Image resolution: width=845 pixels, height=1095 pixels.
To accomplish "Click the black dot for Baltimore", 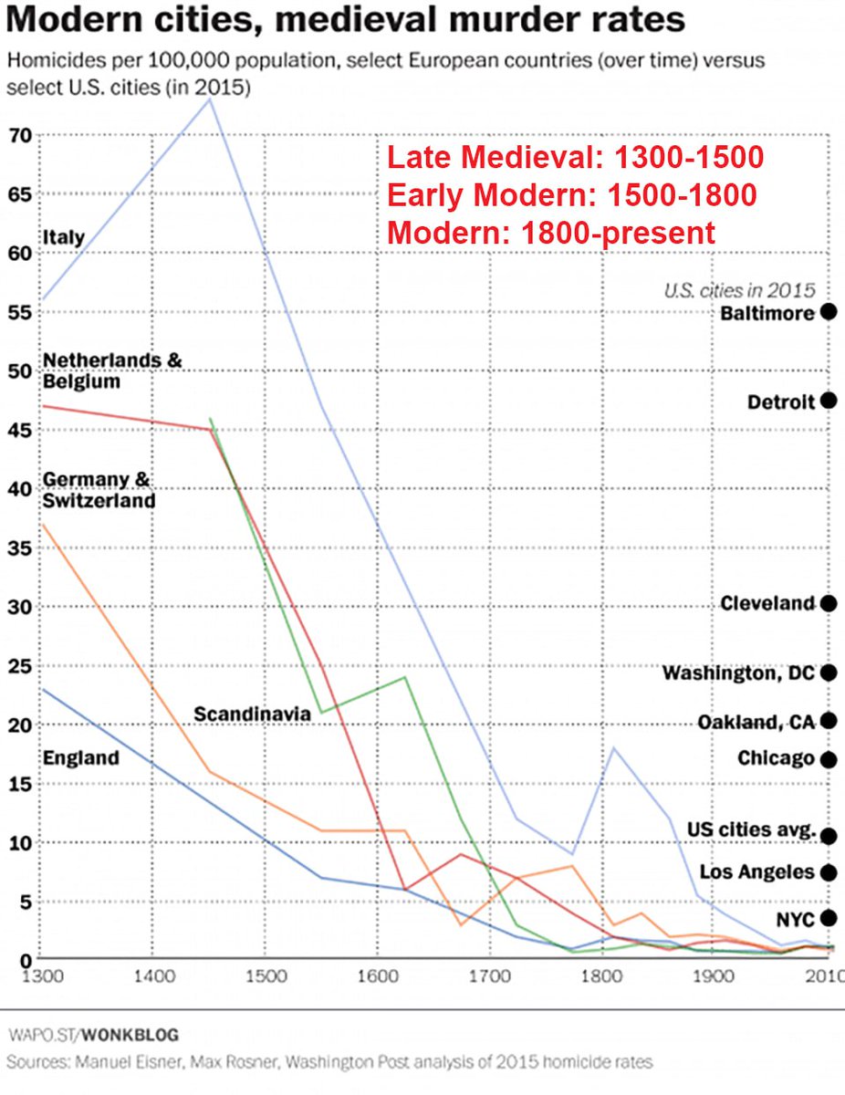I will click(829, 312).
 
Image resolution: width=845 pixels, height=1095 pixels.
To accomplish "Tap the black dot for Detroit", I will click(829, 401).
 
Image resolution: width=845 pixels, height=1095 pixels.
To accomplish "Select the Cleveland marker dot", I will click(829, 603).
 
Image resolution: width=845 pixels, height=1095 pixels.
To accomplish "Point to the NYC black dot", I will click(829, 918).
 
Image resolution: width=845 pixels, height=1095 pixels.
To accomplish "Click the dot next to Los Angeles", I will click(829, 872).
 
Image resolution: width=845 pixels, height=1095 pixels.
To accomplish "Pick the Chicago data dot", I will click(829, 758).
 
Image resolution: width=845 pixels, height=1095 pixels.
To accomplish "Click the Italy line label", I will click(63, 238).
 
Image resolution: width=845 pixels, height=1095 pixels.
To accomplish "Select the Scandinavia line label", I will click(253, 714).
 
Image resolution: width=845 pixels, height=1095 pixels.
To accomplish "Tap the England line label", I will click(81, 757).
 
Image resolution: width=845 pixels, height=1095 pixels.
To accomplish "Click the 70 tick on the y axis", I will click(20, 135).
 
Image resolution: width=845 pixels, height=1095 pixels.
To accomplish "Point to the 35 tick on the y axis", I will click(20, 548).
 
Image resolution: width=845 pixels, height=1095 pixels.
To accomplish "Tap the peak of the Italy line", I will click(210, 99).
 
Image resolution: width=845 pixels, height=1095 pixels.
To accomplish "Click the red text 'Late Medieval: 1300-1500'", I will click(575, 158).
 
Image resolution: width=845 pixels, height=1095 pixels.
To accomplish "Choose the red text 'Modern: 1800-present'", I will click(551, 232).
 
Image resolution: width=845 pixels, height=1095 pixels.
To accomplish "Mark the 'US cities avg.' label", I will click(751, 829).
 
